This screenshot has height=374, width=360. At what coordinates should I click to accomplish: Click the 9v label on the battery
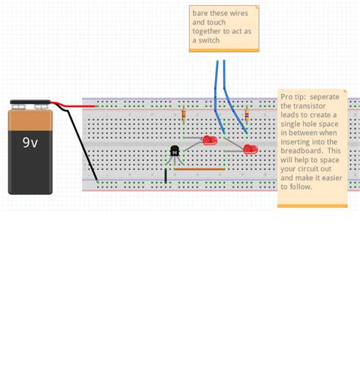(x=30, y=141)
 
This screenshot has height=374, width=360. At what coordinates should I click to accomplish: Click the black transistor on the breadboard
(x=175, y=152)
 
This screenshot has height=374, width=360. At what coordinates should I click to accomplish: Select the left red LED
(x=210, y=140)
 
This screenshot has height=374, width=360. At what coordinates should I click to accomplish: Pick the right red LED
(x=250, y=149)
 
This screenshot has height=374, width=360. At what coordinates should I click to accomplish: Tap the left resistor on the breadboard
(x=184, y=115)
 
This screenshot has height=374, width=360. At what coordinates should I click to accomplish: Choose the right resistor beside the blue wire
(x=246, y=115)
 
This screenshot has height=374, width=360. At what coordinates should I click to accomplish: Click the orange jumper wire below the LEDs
(x=199, y=169)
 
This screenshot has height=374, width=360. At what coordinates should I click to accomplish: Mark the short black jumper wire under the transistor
(x=166, y=176)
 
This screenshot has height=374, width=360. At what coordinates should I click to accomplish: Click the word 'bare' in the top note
(x=200, y=14)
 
